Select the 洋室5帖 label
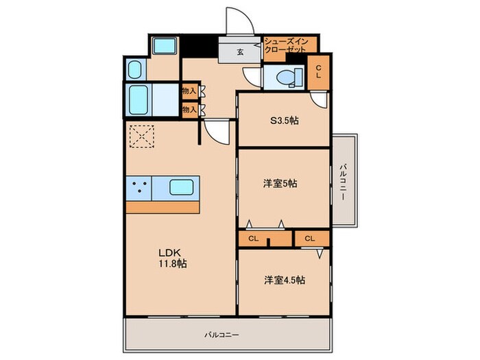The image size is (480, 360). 280,183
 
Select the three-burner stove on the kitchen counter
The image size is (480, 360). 139,187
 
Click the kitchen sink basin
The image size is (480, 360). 182,187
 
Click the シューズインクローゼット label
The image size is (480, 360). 289,46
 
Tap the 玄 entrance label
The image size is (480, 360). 241,51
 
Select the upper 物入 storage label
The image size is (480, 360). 189,91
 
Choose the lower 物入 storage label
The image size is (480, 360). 189,108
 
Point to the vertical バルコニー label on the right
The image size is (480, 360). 343,182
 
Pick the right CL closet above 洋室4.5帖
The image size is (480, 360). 310,239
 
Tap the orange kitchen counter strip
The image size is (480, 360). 163,206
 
